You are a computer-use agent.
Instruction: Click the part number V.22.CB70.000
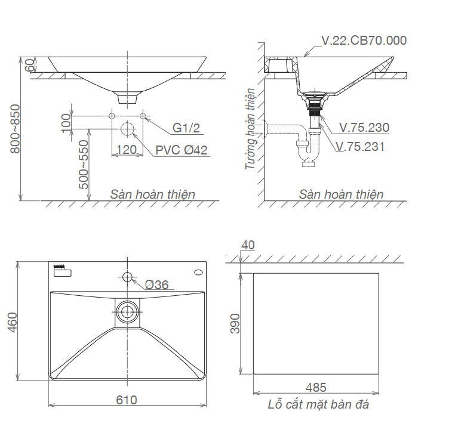(364, 41)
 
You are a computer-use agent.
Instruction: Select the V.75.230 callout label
(364, 128)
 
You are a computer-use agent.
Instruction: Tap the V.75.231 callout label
(360, 147)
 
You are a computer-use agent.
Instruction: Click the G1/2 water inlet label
(186, 128)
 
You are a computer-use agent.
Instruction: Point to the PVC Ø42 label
(182, 150)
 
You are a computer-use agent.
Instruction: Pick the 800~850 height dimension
(16, 129)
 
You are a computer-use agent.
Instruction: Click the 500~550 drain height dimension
(84, 165)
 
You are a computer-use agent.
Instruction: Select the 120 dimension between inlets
(127, 150)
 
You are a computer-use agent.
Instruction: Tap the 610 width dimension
(127, 400)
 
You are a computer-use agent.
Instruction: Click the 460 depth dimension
(13, 322)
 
